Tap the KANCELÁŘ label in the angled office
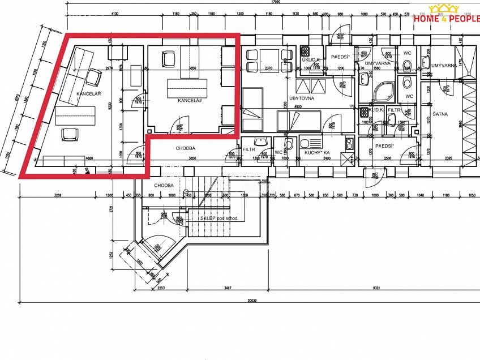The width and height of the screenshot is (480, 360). (89, 93)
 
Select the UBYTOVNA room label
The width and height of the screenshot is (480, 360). (302, 98)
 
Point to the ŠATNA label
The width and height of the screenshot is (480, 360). (440, 114)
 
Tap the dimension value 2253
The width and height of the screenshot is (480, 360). (160, 289)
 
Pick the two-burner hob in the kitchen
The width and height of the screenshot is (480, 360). (349, 143)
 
